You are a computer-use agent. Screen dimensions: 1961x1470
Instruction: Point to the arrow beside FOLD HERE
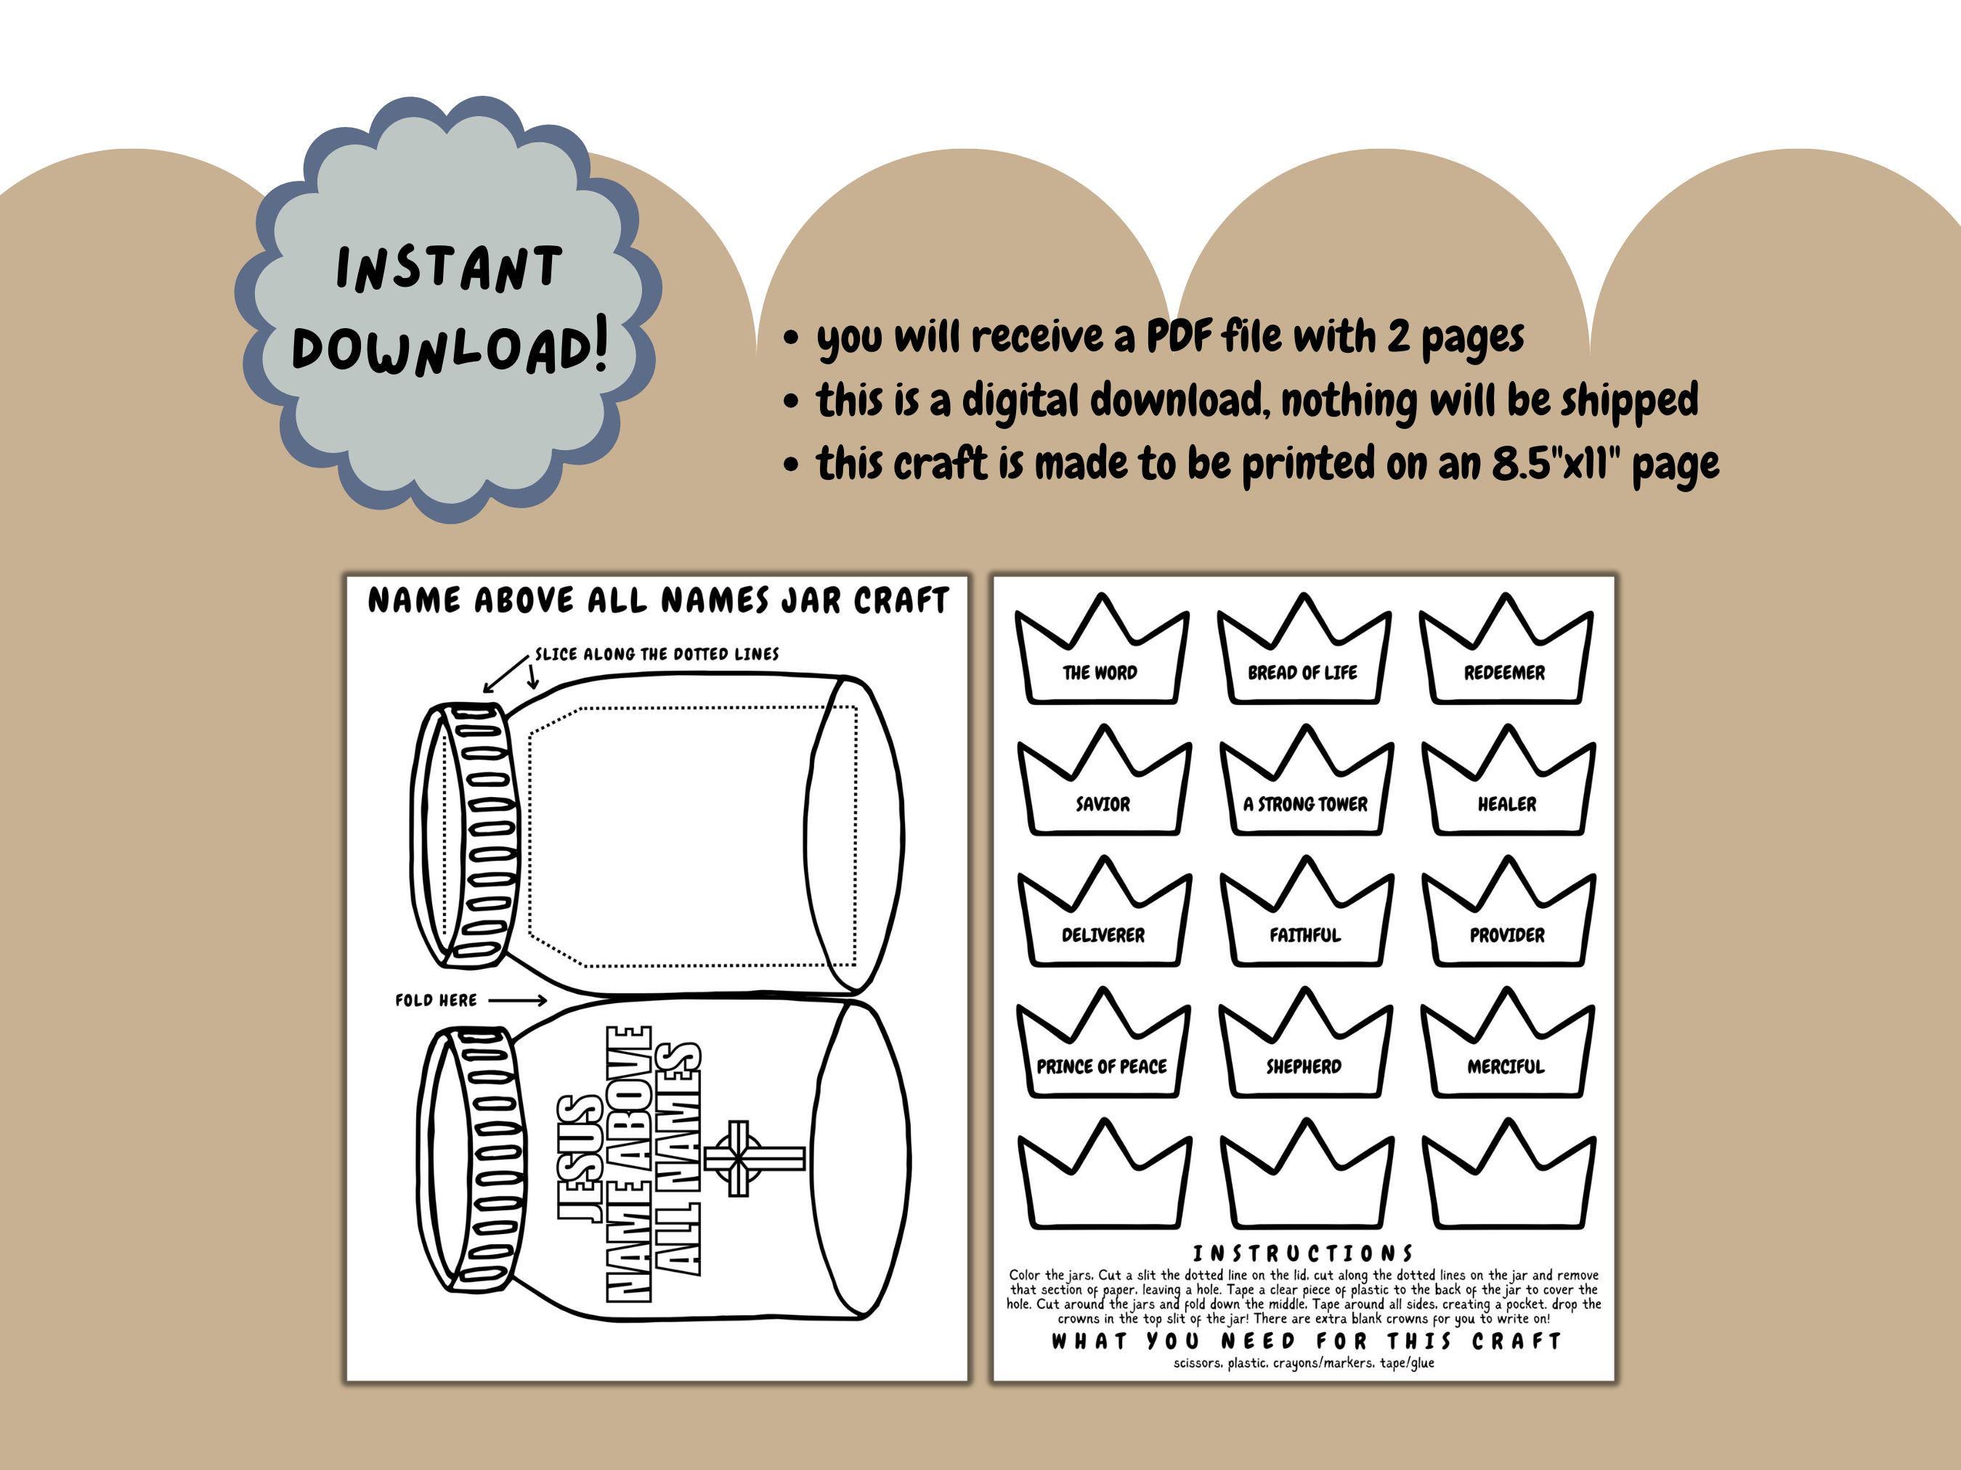click(x=518, y=1000)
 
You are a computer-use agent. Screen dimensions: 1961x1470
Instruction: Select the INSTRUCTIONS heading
click(x=1303, y=1253)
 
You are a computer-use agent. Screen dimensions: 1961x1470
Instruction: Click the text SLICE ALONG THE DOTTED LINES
click(x=657, y=654)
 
